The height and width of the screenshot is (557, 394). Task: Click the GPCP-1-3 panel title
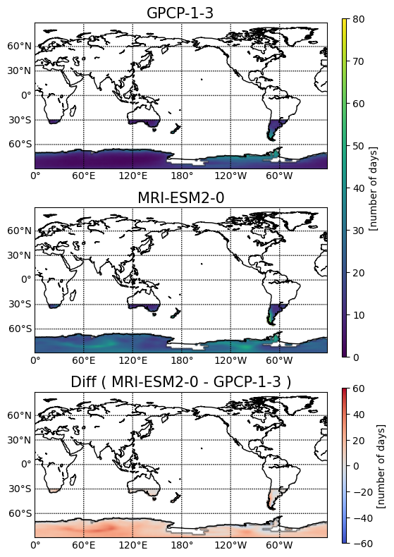pyautogui.click(x=180, y=13)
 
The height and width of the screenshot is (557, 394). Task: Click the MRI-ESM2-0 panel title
pyautogui.click(x=180, y=197)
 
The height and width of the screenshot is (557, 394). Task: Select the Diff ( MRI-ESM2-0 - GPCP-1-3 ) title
pyautogui.click(x=180, y=382)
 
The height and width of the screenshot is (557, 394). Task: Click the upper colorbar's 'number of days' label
pyautogui.click(x=373, y=188)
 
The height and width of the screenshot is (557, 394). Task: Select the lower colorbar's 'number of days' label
pyautogui.click(x=381, y=465)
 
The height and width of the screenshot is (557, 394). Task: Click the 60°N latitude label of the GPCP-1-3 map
pyautogui.click(x=19, y=46)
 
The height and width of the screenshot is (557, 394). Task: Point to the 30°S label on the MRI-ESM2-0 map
pyautogui.click(x=20, y=304)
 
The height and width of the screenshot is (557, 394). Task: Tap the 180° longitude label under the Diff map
pyautogui.click(x=182, y=545)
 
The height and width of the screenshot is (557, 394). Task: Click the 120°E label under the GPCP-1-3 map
pyautogui.click(x=133, y=176)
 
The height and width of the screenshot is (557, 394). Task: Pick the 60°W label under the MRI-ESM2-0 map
pyautogui.click(x=279, y=360)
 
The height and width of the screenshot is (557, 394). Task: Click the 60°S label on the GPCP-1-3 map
pyautogui.click(x=20, y=144)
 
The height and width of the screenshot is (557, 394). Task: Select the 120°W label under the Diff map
pyautogui.click(x=230, y=545)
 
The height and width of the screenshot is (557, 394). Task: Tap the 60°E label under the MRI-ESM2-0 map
pyautogui.click(x=84, y=360)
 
